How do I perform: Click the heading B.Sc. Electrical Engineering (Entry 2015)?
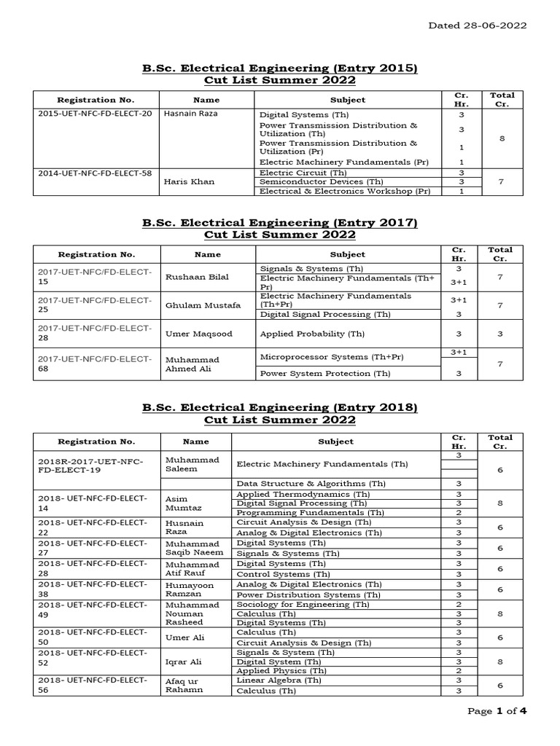280,68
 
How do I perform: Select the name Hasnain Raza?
191,114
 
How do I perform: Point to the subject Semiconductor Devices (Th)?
306,182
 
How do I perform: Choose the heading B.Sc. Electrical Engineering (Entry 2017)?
280,223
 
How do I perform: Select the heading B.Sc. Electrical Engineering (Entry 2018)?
280,408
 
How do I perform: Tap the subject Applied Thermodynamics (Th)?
303,494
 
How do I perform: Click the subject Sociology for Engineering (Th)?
303,605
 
